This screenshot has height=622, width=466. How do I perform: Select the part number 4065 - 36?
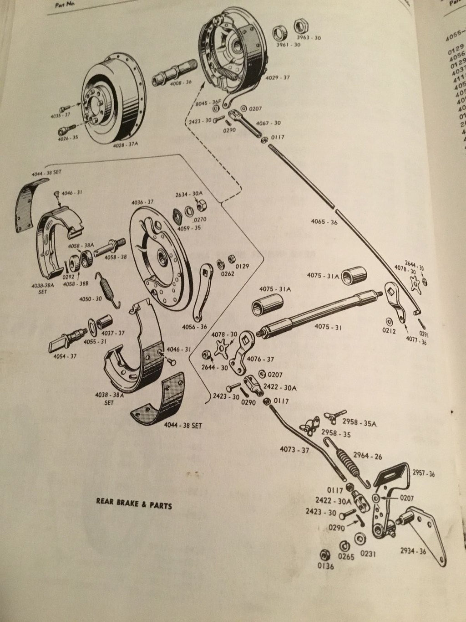point(324,222)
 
